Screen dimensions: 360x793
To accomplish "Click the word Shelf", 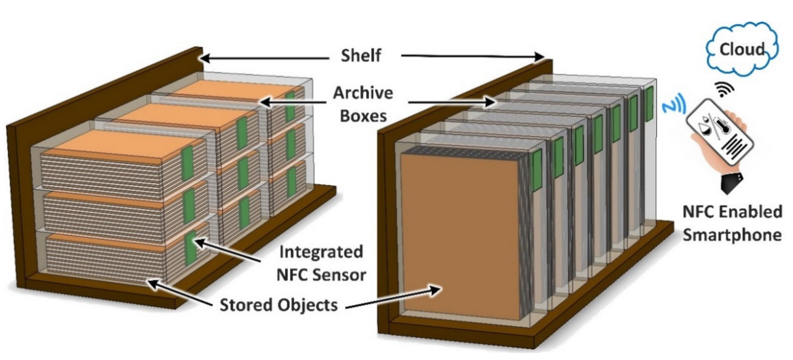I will coord(361,56).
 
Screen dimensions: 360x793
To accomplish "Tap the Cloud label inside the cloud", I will coord(741,49).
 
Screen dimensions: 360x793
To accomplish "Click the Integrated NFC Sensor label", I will coord(321,263).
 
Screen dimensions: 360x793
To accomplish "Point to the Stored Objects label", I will coord(279,305).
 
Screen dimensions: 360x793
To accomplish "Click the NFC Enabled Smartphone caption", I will coord(732,224).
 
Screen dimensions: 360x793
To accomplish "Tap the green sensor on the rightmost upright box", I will coord(649,104).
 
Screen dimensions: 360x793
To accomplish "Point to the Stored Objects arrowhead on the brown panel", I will coord(436,289).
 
